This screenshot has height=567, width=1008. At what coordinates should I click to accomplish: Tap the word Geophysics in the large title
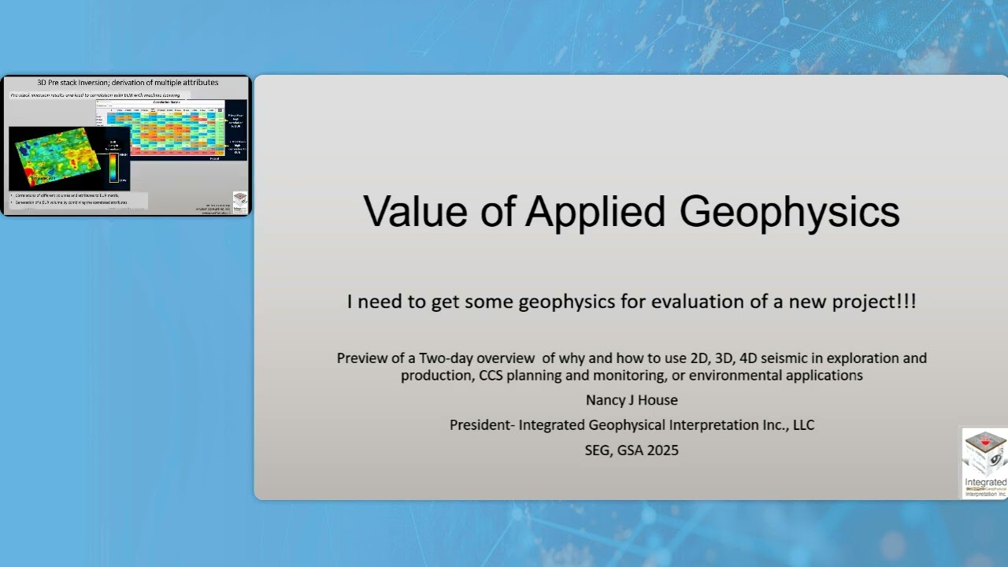(789, 211)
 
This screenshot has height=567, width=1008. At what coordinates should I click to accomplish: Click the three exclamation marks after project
(906, 301)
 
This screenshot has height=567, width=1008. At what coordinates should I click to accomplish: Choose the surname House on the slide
(658, 400)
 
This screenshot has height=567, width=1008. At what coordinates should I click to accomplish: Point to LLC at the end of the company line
(802, 425)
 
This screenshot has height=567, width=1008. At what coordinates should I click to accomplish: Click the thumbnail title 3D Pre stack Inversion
(128, 83)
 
